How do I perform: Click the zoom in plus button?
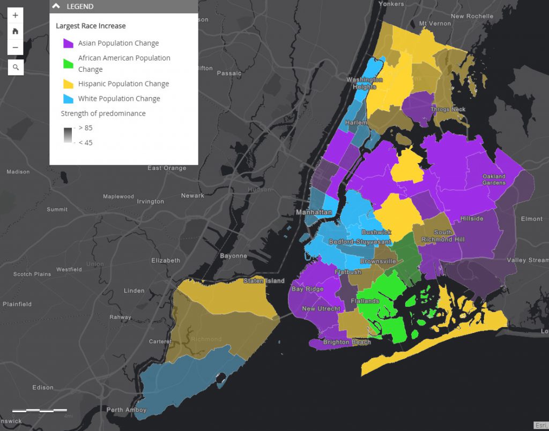coord(15,16)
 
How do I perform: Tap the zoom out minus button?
coord(15,47)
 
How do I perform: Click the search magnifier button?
coord(16,67)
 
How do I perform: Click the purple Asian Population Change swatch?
coord(68,43)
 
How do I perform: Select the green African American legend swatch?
coord(68,63)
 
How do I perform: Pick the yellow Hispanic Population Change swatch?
coord(68,84)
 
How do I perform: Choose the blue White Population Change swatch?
coord(68,99)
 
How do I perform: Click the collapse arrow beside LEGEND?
coord(56,6)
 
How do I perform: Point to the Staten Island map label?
coord(264,281)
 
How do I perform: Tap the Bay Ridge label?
coord(307,289)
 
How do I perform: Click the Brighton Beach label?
coord(347,342)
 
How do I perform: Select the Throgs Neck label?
coord(448,109)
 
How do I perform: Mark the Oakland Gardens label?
coord(494,180)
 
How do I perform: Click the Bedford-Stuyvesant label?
coord(360,242)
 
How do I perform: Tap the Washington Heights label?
coord(365,83)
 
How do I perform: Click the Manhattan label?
coord(314,213)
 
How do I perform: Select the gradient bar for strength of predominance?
coord(68,135)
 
